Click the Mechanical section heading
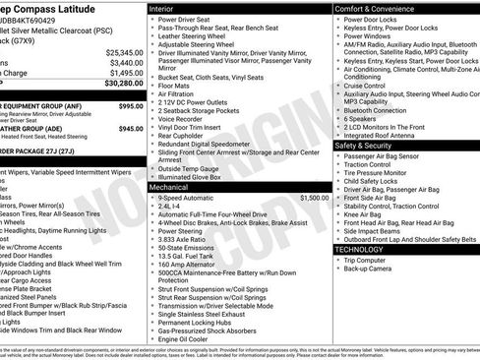(175, 185)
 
